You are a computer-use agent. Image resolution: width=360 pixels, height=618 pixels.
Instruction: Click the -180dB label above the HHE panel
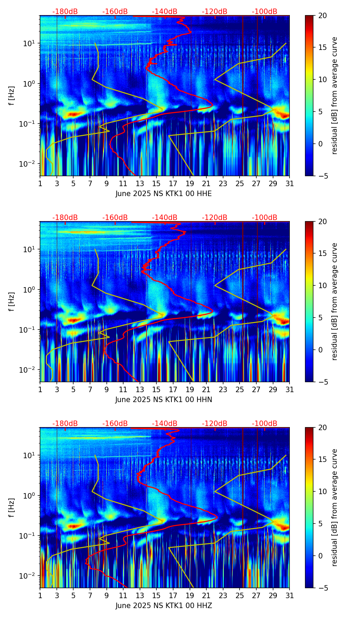pos(65,12)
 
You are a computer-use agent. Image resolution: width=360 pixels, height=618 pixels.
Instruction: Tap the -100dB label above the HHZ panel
pos(265,424)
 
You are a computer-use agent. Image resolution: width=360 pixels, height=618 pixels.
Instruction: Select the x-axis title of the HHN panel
pos(164,400)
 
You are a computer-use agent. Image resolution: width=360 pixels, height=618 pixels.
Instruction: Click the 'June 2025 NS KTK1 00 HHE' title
pos(164,194)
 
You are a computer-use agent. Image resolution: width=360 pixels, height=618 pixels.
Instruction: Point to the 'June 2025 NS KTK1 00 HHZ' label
pos(164,606)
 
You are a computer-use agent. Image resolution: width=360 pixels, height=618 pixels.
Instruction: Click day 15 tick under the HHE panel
pos(156,183)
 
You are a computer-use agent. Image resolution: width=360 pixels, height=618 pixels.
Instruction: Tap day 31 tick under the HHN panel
pos(290,389)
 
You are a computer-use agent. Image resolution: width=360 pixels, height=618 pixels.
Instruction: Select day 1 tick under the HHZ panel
pos(40,595)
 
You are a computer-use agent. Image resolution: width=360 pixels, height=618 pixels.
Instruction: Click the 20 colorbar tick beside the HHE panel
pos(322,16)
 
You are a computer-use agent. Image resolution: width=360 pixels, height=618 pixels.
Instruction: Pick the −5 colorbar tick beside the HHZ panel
pos(322,588)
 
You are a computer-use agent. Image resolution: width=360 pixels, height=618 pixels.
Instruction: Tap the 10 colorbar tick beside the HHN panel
pos(322,285)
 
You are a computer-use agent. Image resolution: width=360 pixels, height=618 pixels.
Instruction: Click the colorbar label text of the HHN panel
pos(335,301)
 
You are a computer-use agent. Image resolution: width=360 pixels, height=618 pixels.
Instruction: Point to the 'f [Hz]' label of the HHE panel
pos(12,95)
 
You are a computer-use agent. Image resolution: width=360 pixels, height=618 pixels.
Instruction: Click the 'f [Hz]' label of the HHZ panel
pos(12,507)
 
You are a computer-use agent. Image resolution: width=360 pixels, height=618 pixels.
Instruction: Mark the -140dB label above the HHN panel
pos(165,218)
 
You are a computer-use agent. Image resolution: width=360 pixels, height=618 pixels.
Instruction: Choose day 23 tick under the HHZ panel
pos(223,595)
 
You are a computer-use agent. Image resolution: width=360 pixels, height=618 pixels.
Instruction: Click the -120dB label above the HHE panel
pos(215,12)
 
